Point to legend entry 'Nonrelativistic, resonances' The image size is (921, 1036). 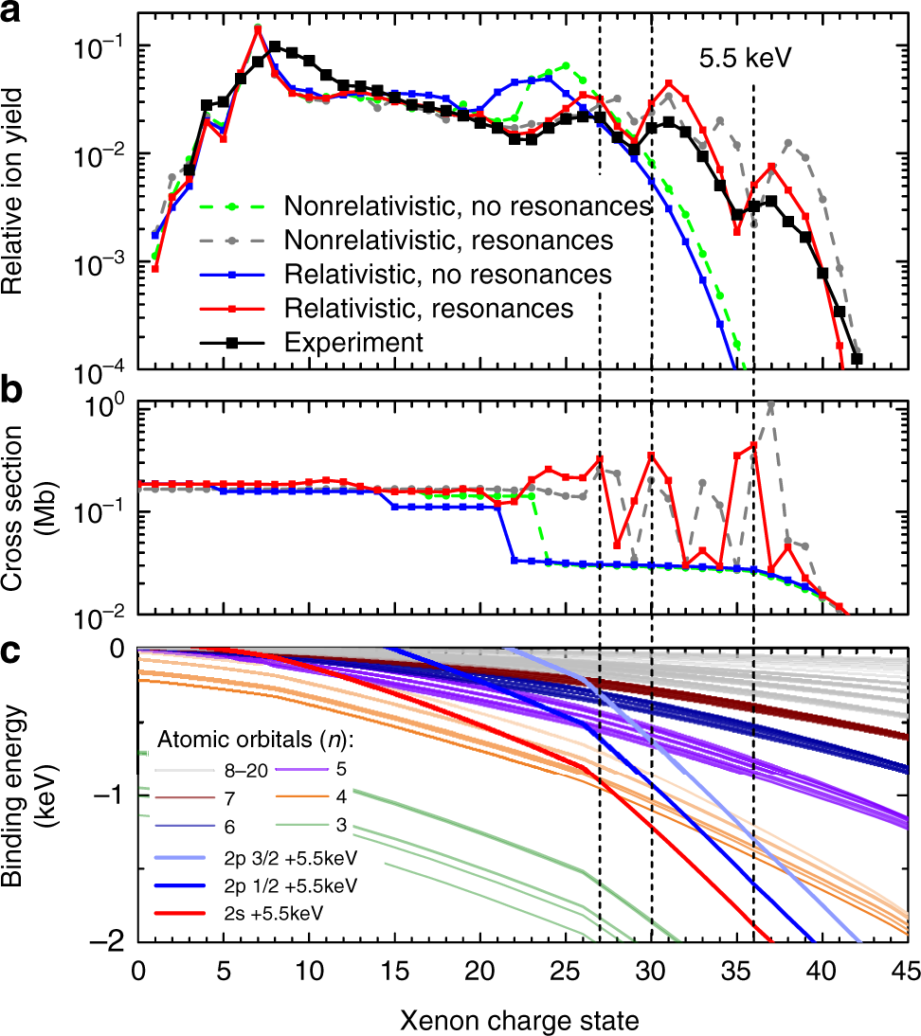(x=449, y=240)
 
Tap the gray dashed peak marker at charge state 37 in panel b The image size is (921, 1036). (x=770, y=405)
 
